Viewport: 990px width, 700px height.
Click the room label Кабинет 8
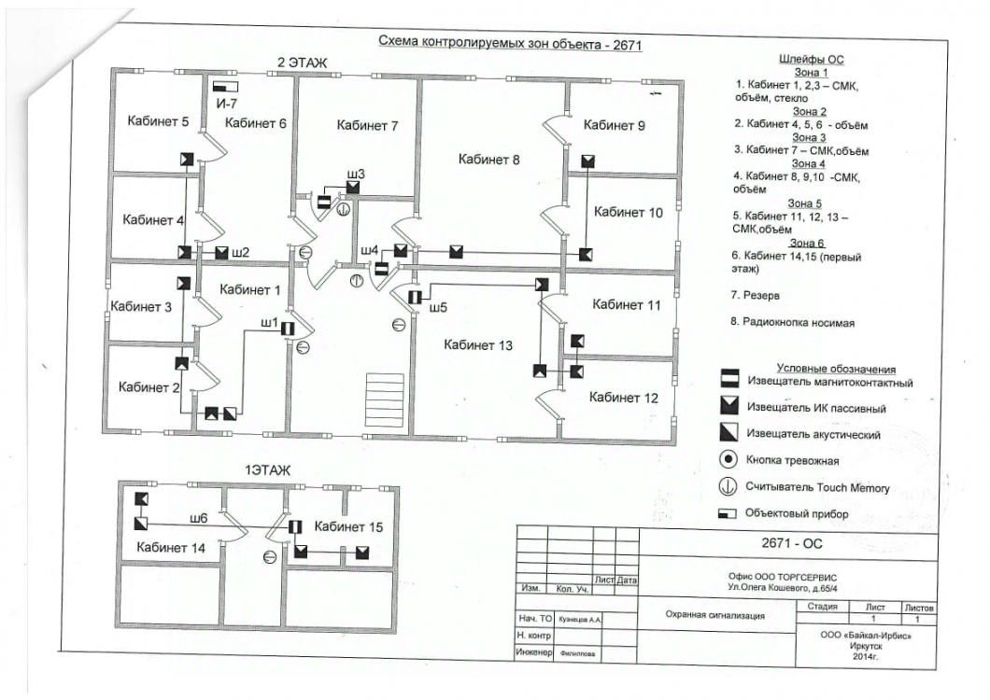(488, 160)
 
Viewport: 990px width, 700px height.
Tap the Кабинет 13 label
(478, 345)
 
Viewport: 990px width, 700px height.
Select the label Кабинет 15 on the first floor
(348, 527)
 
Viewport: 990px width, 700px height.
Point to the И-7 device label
(227, 103)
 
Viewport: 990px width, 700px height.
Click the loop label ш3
(356, 174)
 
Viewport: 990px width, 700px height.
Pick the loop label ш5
(437, 307)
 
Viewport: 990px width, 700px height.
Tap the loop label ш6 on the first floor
(198, 518)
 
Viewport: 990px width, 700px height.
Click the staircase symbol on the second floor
(385, 399)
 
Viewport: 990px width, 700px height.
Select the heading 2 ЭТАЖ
(303, 63)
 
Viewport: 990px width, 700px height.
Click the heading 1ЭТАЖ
(268, 470)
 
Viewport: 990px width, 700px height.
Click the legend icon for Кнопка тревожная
(728, 459)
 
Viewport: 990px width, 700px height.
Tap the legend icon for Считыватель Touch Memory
(728, 486)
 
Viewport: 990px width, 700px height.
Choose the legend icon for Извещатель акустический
(729, 432)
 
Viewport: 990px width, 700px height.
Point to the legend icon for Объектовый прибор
(728, 513)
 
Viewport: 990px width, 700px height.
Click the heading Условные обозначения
(836, 369)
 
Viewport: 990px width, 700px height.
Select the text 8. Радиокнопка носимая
(792, 323)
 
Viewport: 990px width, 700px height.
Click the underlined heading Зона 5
(805, 203)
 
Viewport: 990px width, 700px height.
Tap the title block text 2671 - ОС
(792, 543)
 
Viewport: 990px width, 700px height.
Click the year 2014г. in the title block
(865, 656)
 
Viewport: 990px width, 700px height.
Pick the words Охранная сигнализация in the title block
(714, 615)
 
